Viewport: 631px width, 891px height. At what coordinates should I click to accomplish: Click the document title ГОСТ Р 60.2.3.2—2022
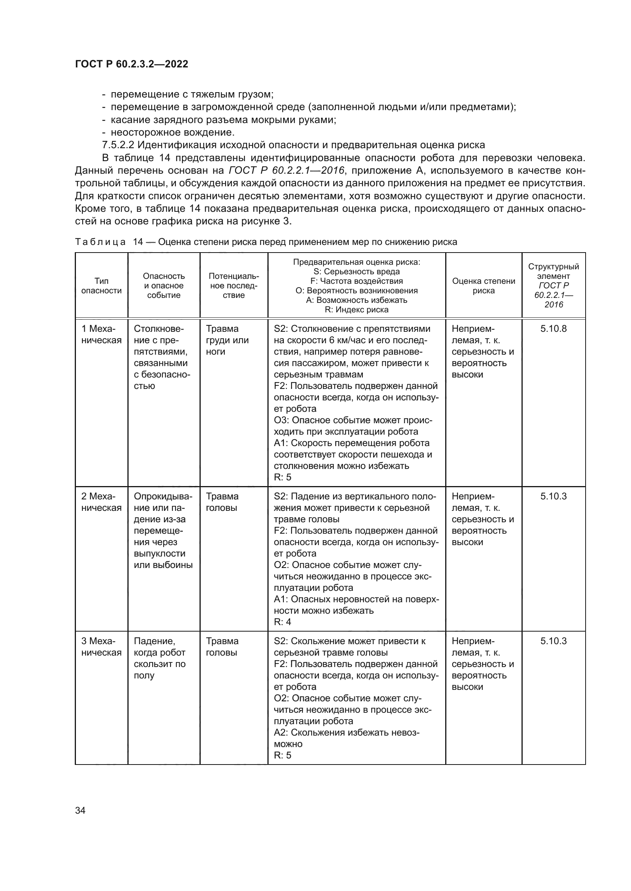pos(131,64)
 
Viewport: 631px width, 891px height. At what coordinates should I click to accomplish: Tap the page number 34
pos(80,810)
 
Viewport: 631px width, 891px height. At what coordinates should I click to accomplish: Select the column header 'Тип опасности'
pos(101,286)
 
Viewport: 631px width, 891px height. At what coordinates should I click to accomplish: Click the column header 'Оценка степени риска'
pos(483,286)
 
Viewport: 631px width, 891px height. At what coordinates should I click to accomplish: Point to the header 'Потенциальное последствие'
pos(233,286)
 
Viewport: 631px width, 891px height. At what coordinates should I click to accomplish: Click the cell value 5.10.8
pos(553,329)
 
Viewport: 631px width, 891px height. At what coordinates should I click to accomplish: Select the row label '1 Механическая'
pos(101,334)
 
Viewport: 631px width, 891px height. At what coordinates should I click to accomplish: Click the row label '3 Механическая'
pos(101,646)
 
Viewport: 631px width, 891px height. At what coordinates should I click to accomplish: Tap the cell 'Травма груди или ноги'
pos(227,340)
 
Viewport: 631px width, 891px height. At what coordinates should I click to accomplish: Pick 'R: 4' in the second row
pos(282,622)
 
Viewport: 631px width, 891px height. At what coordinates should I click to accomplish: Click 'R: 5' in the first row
pos(282,477)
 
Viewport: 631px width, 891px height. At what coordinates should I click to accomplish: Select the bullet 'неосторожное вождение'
pos(172,132)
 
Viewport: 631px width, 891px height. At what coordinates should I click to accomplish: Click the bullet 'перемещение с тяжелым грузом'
pos(192,94)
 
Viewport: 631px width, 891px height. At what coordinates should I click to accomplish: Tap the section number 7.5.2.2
pos(118,145)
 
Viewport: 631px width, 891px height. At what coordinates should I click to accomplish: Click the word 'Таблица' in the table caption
pos(100,242)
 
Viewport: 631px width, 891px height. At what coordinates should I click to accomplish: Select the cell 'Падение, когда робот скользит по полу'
pos(160,658)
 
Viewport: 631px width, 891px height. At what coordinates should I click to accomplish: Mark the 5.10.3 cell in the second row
pos(553,496)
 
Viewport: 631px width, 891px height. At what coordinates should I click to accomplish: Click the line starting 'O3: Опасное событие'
pos(353,420)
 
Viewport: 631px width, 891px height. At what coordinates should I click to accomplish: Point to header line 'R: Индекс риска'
pos(356,310)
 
